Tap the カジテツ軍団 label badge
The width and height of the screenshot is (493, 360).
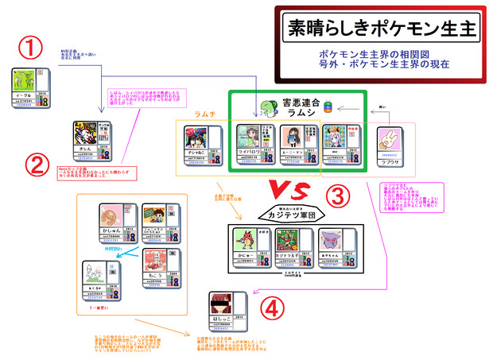[x=292, y=213]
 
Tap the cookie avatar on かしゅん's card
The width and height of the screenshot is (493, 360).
[x=114, y=218]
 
